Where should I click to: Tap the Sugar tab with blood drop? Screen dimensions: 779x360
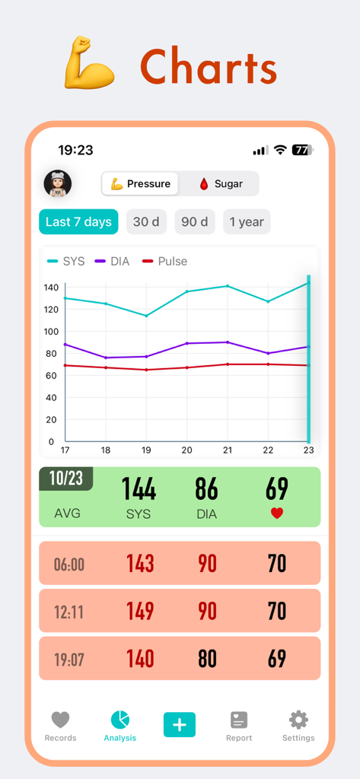click(x=220, y=183)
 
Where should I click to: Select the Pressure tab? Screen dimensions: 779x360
click(x=140, y=183)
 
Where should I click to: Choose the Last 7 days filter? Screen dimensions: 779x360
click(x=78, y=222)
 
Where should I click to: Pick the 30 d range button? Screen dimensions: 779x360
click(x=146, y=222)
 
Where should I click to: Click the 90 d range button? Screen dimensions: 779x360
click(x=194, y=222)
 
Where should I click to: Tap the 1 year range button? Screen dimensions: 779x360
click(x=247, y=222)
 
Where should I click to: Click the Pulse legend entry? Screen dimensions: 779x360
click(x=165, y=261)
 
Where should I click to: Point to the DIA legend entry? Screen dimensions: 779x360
click(x=113, y=261)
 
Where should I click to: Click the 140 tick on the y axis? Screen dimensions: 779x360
click(x=51, y=288)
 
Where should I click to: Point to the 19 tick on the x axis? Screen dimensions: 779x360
click(x=146, y=450)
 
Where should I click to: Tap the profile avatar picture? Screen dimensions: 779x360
click(x=58, y=183)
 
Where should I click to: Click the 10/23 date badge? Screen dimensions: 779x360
click(x=65, y=479)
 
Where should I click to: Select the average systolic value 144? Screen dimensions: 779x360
click(x=139, y=489)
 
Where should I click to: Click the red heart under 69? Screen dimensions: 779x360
click(x=277, y=514)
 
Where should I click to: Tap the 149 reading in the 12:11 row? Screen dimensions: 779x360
click(x=140, y=611)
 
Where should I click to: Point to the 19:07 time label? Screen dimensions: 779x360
click(x=68, y=660)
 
